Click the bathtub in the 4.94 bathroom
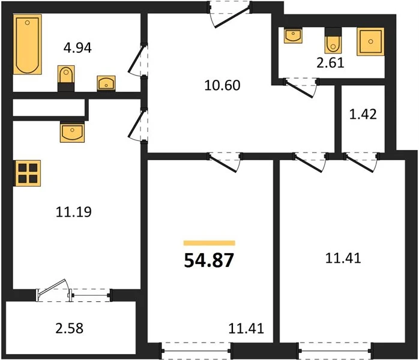pyautogui.click(x=28, y=44)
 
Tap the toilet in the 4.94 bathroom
pyautogui.click(x=66, y=79)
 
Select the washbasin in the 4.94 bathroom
pyautogui.click(x=106, y=83)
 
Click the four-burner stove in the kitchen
pyautogui.click(x=28, y=173)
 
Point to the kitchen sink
pyautogui.click(x=73, y=132)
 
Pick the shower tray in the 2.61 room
pyautogui.click(x=370, y=41)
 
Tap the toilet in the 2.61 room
pyautogui.click(x=333, y=41)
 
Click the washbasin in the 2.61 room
pyautogui.click(x=293, y=35)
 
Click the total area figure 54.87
pyautogui.click(x=209, y=260)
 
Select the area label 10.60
pyautogui.click(x=222, y=85)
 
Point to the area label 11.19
pyautogui.click(x=74, y=212)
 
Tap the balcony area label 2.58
pyautogui.click(x=70, y=328)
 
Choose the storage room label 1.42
pyautogui.click(x=363, y=114)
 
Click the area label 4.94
pyautogui.click(x=78, y=48)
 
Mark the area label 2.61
pyautogui.click(x=331, y=63)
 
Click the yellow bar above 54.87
pyautogui.click(x=209, y=243)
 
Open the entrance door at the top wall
pyautogui.click(x=230, y=14)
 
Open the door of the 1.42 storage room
pyautogui.click(x=361, y=161)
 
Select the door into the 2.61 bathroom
pyautogui.click(x=301, y=88)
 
